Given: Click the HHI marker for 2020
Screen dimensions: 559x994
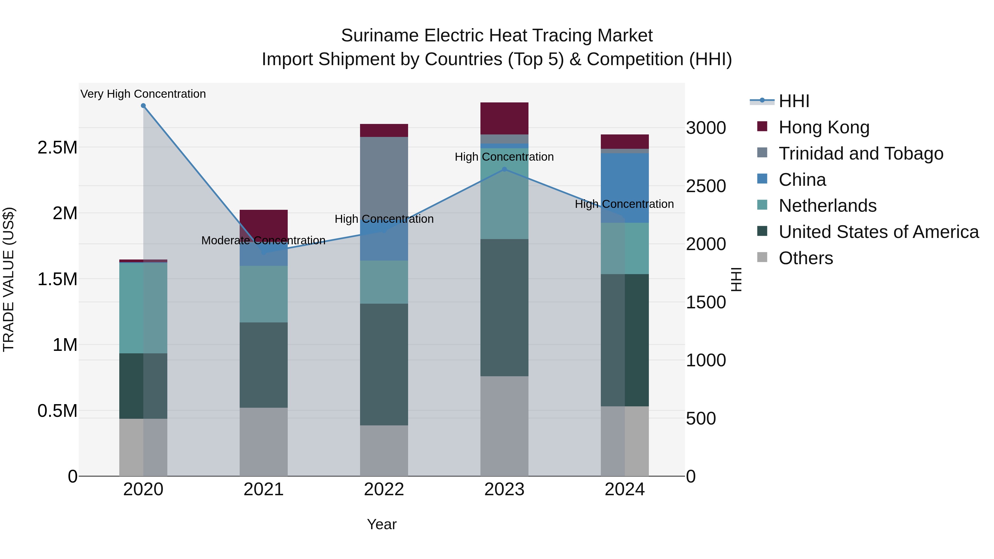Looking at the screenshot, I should click(x=143, y=106).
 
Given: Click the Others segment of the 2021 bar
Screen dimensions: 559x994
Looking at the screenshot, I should click(x=264, y=442).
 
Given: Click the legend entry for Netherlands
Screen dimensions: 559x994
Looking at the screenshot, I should click(x=827, y=206).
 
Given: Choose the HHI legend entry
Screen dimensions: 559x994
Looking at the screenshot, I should click(x=793, y=101).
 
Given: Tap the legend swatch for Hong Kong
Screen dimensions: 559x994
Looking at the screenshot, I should click(x=762, y=126).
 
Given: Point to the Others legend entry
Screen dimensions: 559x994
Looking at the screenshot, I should click(x=805, y=258).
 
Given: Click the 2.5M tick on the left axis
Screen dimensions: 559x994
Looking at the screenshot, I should click(x=57, y=147).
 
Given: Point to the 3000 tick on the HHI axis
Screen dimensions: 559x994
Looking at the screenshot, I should click(x=706, y=128).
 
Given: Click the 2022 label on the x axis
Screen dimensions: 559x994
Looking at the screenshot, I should click(x=384, y=489).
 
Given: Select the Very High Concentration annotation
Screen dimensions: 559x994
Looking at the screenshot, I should click(x=143, y=94).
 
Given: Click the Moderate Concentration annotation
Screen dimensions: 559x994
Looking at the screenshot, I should click(x=264, y=240).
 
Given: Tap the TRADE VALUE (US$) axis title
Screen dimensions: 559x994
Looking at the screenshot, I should click(x=9, y=279).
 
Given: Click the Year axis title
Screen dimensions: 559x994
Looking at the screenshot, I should click(x=382, y=524).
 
